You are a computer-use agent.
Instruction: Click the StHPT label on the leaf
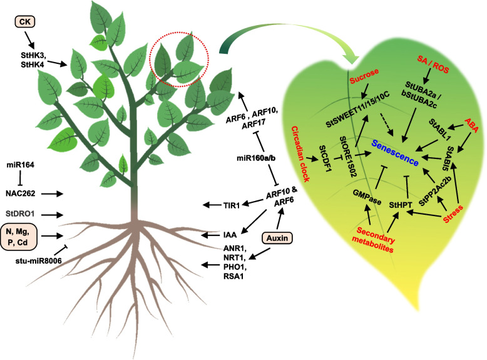(401, 204)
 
